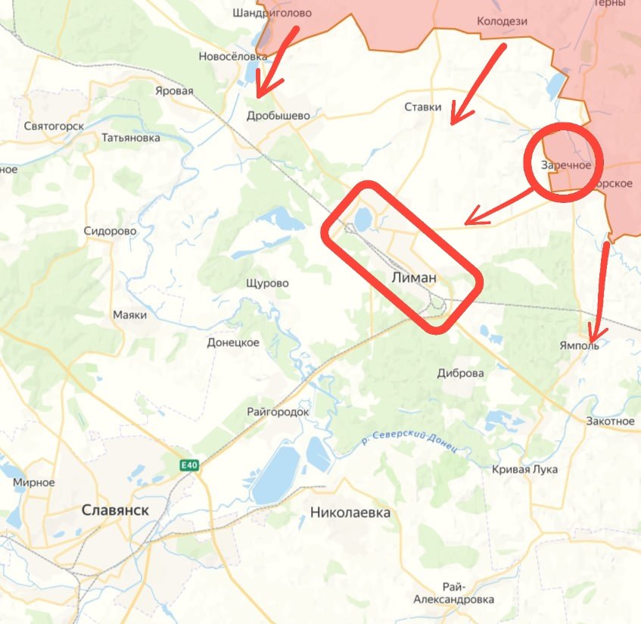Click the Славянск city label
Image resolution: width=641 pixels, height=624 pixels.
(x=115, y=510)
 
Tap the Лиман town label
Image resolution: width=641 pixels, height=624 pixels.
(x=414, y=278)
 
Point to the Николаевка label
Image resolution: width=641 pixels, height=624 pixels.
(x=350, y=513)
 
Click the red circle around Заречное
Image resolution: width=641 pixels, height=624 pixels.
(x=561, y=162)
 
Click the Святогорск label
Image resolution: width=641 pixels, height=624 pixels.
(x=54, y=126)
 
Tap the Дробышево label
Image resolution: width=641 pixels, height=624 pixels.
(x=278, y=116)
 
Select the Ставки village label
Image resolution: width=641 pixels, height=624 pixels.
(x=423, y=107)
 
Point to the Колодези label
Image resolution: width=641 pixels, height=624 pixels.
(x=502, y=21)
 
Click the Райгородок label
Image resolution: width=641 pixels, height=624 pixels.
(x=278, y=412)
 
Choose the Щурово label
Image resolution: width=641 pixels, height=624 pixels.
(x=267, y=283)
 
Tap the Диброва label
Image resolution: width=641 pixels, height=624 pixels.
(x=461, y=373)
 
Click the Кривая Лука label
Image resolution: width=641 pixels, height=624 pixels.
(x=524, y=470)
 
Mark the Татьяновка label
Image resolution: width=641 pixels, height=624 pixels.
(x=131, y=139)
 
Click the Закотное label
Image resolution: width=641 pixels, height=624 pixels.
(x=610, y=421)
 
